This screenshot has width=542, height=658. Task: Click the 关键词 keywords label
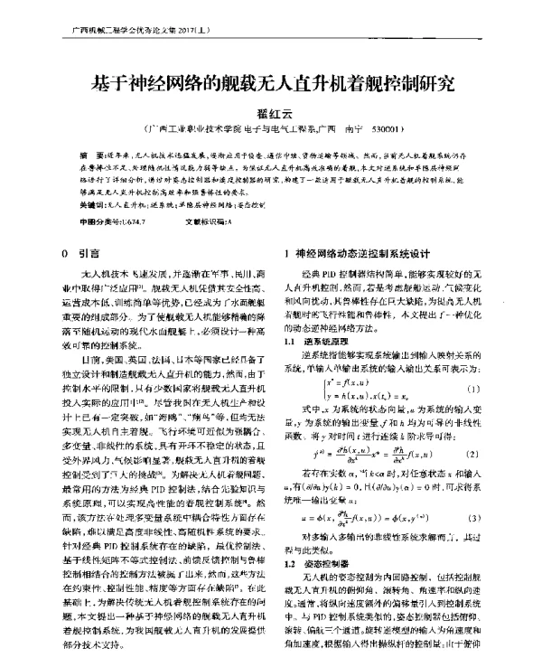90,205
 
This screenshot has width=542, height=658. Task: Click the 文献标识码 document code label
204,221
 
